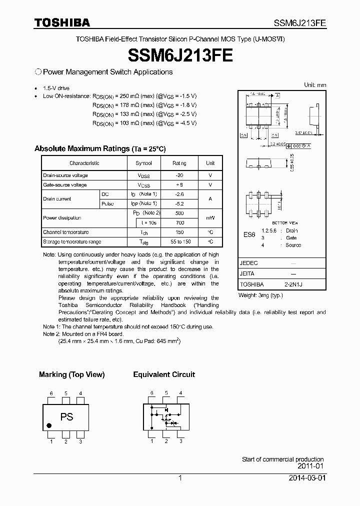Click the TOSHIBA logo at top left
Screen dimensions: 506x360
click(62, 22)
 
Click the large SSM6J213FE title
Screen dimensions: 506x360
click(180, 54)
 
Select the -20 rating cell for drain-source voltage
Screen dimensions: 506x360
click(179, 175)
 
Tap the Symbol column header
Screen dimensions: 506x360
click(143, 163)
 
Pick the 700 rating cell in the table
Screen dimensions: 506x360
click(179, 222)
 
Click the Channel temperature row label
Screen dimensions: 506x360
click(66, 232)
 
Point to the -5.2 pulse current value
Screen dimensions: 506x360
click(179, 203)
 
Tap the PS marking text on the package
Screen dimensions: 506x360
click(66, 416)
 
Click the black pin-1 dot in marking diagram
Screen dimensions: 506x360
click(49, 426)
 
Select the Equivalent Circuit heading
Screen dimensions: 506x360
click(164, 374)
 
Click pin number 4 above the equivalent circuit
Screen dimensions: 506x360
click(180, 393)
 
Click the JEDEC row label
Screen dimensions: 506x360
click(248, 262)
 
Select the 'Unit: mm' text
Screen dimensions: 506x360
click(315, 85)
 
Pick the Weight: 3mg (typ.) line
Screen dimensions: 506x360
click(260, 295)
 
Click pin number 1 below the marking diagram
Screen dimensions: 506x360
click(51, 441)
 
